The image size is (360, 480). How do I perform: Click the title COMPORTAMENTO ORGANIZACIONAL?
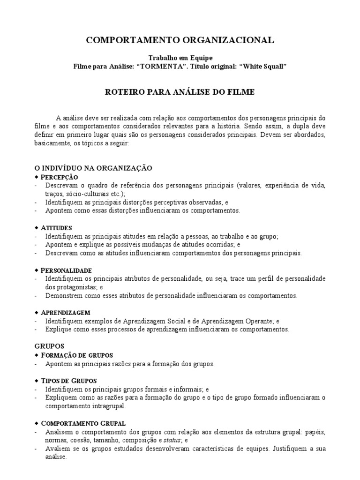[180, 41]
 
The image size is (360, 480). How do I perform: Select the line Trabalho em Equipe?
[180, 58]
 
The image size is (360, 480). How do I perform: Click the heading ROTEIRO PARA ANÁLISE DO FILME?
[180, 92]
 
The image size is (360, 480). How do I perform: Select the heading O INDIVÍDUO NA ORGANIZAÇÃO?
[94, 167]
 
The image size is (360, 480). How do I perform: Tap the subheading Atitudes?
[56, 227]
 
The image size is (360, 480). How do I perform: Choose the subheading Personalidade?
[66, 270]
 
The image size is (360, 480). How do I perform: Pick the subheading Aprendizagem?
[65, 312]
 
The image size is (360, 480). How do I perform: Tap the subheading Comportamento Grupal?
[83, 423]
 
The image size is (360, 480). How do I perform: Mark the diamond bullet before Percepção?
[37, 177]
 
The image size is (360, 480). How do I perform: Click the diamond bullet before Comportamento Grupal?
[37, 423]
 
